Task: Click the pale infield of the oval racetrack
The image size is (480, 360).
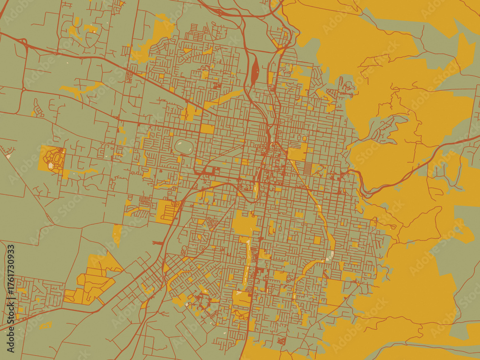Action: click(x=183, y=146)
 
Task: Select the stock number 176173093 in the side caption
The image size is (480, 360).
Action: click(x=11, y=276)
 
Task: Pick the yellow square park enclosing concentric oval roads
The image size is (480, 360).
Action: click(x=52, y=159)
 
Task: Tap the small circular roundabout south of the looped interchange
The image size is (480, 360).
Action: click(x=24, y=89)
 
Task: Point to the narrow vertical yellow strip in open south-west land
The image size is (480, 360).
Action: click(x=117, y=235)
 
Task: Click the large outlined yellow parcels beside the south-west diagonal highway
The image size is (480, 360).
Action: click(x=91, y=283)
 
